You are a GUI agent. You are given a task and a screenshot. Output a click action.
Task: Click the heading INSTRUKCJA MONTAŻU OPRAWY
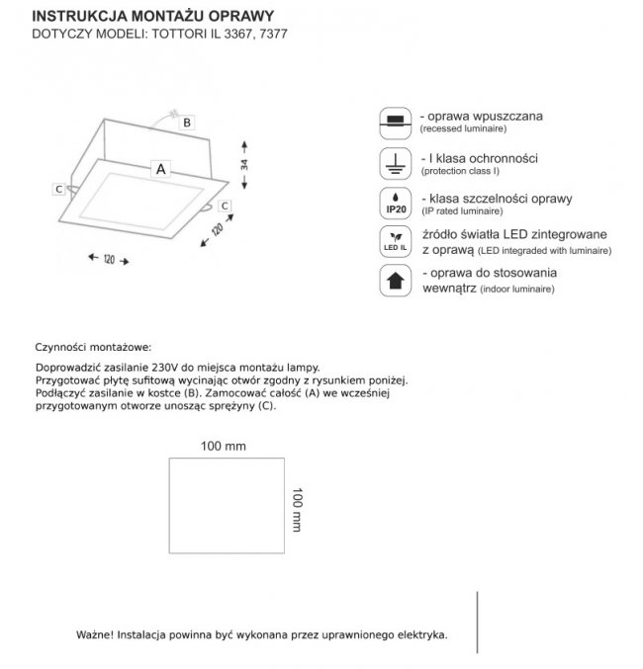[x=153, y=16]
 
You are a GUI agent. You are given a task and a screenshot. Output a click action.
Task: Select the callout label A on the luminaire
[x=159, y=169]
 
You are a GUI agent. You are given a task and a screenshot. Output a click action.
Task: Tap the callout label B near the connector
[x=186, y=122]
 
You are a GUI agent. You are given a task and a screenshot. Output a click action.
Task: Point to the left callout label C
[x=59, y=188]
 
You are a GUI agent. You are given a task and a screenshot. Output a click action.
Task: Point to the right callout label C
[x=226, y=205]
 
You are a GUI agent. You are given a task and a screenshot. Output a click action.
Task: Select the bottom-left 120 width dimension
[x=109, y=259]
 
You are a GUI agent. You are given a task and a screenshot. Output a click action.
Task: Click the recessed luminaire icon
[x=396, y=122]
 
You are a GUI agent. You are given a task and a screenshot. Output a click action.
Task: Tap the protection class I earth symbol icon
[x=396, y=162]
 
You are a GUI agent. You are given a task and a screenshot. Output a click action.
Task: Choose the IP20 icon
[x=396, y=203]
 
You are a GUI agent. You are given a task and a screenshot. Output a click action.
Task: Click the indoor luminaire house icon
[x=396, y=282]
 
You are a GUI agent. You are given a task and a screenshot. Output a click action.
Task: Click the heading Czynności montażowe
[x=92, y=348]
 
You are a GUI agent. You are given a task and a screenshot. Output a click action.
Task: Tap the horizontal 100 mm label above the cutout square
[x=223, y=447]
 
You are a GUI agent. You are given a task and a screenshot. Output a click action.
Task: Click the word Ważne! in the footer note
[x=94, y=633]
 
